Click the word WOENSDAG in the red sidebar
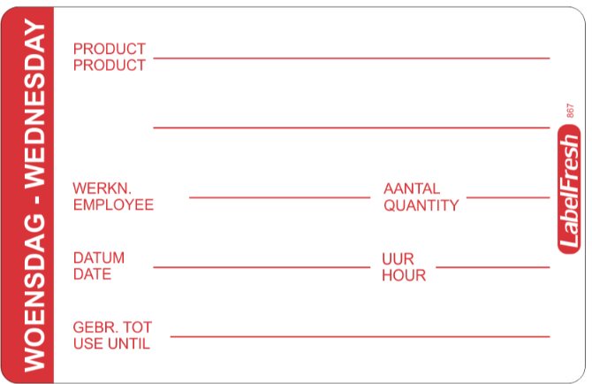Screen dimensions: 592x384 coord(34,292)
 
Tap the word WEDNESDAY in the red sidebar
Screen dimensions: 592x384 coord(34,104)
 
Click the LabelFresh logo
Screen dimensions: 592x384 coord(569,189)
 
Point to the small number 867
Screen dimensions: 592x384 coord(570,111)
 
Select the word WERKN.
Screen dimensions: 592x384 coord(102,188)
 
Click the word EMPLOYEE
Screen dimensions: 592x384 coord(113,204)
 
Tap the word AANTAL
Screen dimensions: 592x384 coord(412,188)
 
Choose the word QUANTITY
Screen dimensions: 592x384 coord(421,205)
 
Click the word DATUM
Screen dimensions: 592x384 coord(99,257)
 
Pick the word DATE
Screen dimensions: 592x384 coord(92,274)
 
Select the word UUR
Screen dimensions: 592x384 coord(398,259)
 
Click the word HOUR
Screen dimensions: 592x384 coord(404,275)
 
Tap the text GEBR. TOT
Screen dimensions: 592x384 coord(112,327)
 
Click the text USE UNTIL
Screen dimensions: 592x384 coord(111,343)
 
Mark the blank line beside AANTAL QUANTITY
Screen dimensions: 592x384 coord(508,197)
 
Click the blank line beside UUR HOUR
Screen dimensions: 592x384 coord(493,267)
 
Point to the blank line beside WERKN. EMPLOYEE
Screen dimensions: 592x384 coord(279,197)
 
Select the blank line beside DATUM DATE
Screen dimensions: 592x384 coord(262,267)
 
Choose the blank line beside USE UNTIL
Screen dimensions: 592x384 coord(360,336)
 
